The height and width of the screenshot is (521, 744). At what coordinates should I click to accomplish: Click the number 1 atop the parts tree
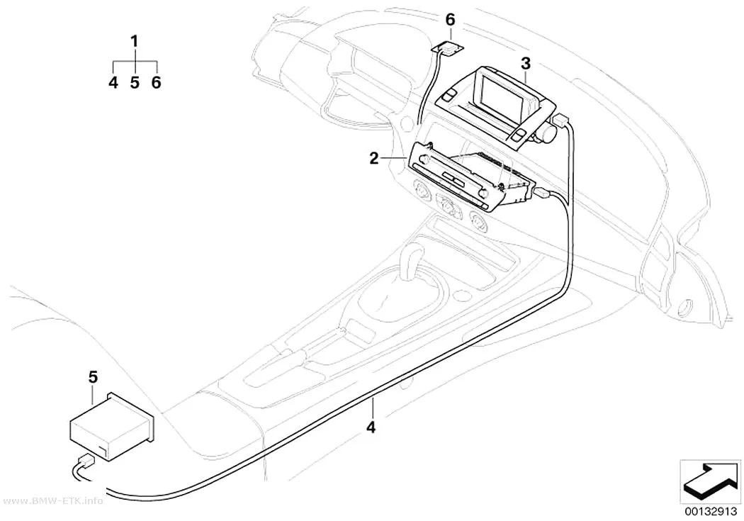point(135,42)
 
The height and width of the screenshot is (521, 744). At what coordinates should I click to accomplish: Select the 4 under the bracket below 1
point(113,82)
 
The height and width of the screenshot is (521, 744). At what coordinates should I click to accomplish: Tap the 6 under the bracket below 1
point(156,82)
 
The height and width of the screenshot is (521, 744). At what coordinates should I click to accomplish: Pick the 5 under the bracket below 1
point(135,82)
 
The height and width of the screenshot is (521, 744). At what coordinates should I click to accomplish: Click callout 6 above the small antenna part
point(450,20)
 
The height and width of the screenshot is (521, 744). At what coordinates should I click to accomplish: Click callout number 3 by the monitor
point(525,63)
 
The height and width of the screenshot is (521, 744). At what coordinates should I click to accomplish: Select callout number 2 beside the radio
point(374,159)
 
